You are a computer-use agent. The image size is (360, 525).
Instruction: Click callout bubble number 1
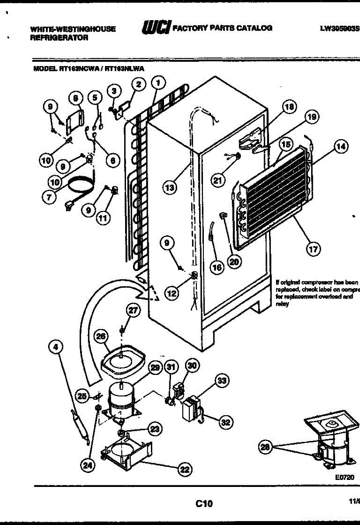pyautogui.click(x=158, y=82)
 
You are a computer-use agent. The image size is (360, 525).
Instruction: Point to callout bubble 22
pyautogui.click(x=184, y=469)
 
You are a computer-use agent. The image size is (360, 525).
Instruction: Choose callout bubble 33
pyautogui.click(x=223, y=381)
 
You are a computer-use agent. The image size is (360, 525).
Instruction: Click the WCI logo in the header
pyautogui.click(x=155, y=28)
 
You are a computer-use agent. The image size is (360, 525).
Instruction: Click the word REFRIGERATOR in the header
pyautogui.click(x=59, y=38)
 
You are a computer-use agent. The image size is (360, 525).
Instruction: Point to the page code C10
pyautogui.click(x=204, y=504)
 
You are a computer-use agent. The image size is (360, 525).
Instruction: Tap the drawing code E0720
pyautogui.click(x=344, y=478)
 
